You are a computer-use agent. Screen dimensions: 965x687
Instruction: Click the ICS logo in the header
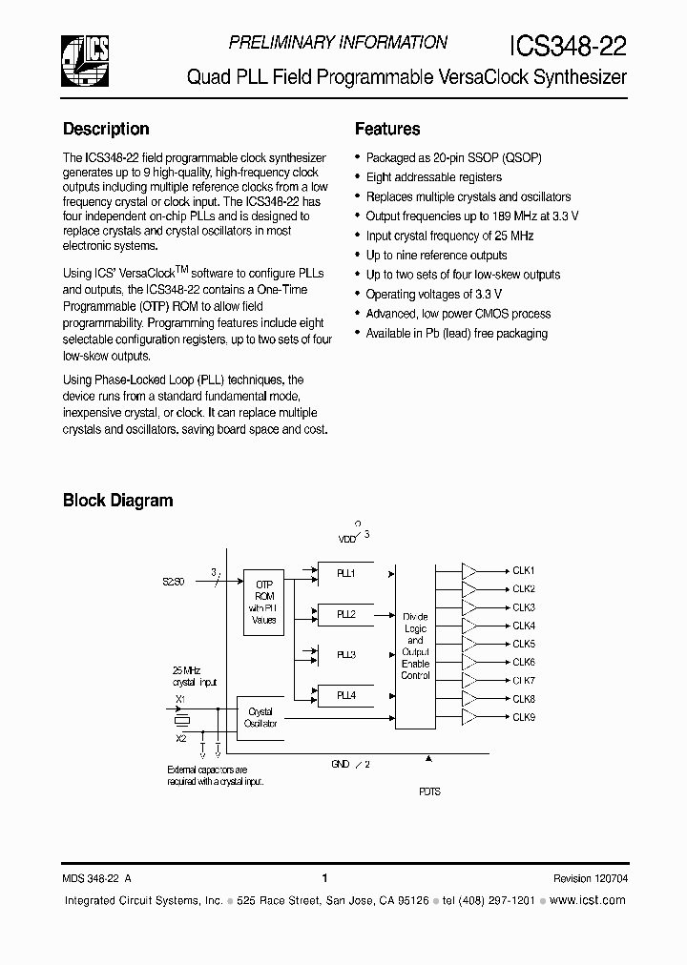pos(84,59)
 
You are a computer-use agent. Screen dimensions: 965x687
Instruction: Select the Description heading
pos(106,129)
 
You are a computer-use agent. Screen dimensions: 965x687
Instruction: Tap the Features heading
pos(387,129)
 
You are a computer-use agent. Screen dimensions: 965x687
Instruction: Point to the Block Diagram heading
pos(118,500)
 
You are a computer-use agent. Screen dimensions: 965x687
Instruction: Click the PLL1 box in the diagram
pos(346,574)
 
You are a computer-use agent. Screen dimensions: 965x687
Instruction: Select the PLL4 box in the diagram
pos(346,696)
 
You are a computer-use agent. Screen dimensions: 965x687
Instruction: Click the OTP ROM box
pos(263,601)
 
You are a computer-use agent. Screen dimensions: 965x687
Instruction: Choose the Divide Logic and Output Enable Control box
pos(415,647)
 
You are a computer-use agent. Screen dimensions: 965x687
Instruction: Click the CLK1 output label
pos(524,570)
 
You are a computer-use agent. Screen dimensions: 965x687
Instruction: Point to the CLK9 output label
pos(524,717)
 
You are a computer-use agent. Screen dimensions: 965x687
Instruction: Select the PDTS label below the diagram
pos(429,791)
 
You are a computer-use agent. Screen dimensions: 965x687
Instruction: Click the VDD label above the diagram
pos(346,540)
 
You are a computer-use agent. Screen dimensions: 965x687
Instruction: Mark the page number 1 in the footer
pos(325,878)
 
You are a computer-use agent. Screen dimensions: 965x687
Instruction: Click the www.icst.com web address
pos(589,900)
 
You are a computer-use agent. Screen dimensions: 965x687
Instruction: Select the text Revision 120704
pos(590,878)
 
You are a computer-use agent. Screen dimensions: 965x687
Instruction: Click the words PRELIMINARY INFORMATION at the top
pos(338,43)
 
